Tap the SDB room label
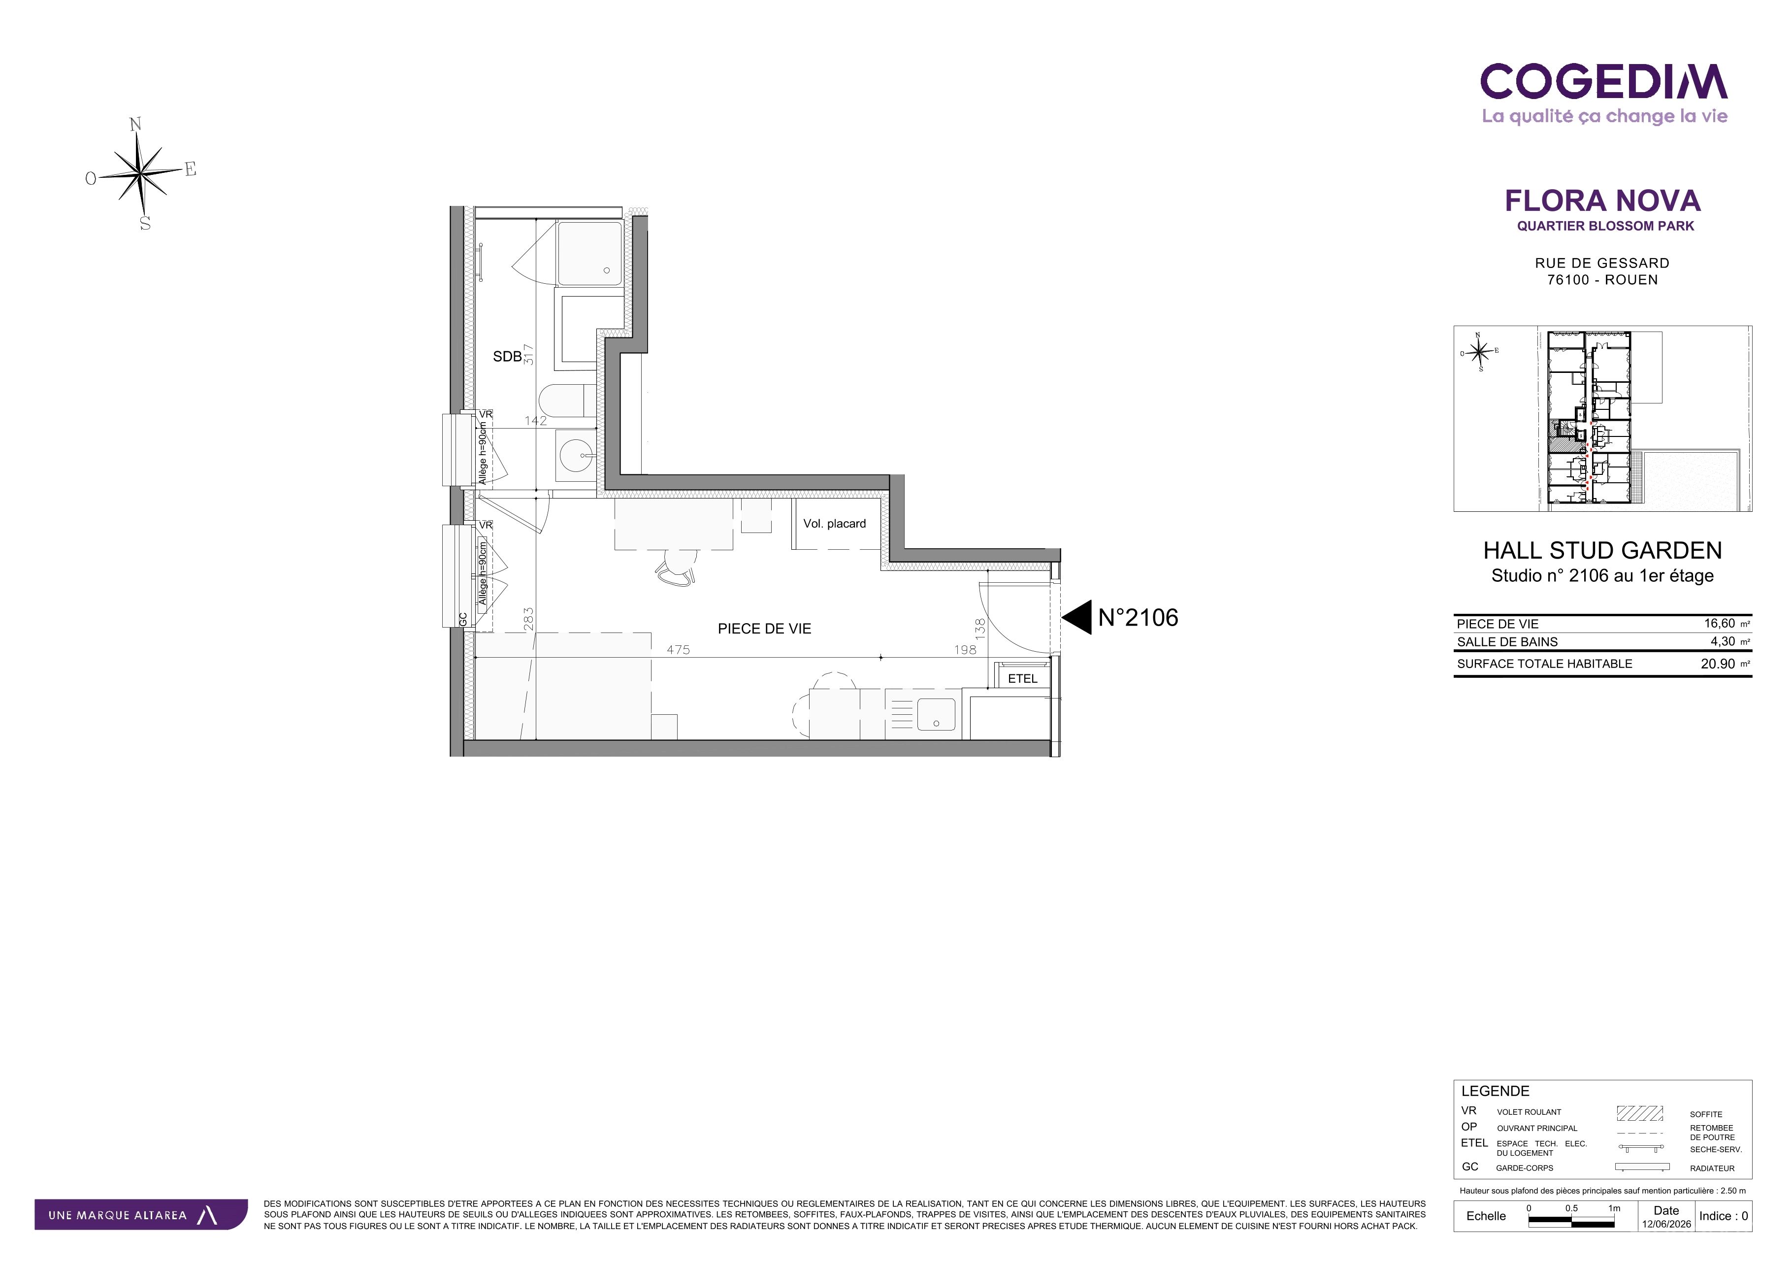(507, 357)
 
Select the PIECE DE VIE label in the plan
(764, 629)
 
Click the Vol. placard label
(834, 524)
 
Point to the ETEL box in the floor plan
(1022, 678)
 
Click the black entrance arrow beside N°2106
(1076, 618)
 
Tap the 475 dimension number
(678, 649)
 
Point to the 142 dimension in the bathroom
(535, 421)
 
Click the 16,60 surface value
(1720, 624)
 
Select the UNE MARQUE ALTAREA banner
(140, 1215)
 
